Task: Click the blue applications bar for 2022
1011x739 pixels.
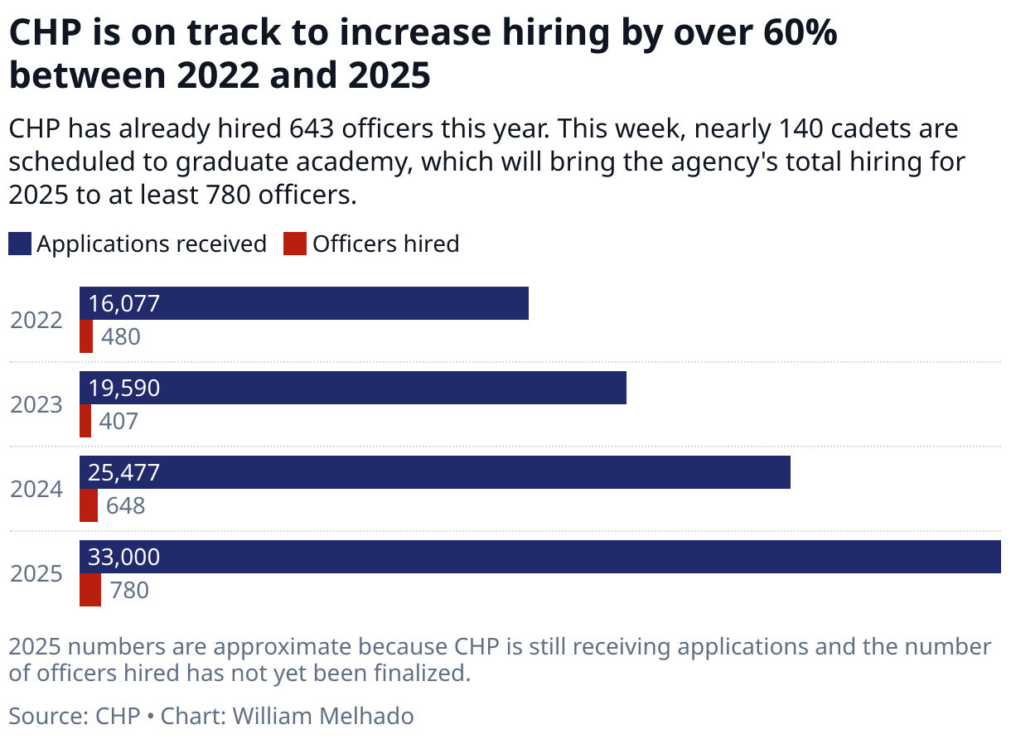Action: click(331, 303)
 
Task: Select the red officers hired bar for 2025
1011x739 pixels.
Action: click(90, 590)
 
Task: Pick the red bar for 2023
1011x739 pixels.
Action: click(85, 421)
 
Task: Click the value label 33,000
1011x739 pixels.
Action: click(123, 558)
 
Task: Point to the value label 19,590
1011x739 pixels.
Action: click(123, 388)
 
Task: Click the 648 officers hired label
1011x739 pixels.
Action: click(125, 505)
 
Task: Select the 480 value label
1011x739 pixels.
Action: click(121, 336)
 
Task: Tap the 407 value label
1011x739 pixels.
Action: click(119, 421)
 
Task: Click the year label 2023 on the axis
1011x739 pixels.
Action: click(36, 404)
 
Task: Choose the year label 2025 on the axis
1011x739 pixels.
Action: click(36, 573)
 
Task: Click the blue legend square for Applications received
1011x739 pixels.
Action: click(20, 244)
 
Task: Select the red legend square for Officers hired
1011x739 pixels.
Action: click(294, 244)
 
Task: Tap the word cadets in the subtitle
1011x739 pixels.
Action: click(851, 129)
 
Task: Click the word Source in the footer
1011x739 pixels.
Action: click(43, 716)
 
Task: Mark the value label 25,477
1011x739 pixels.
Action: click(123, 472)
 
